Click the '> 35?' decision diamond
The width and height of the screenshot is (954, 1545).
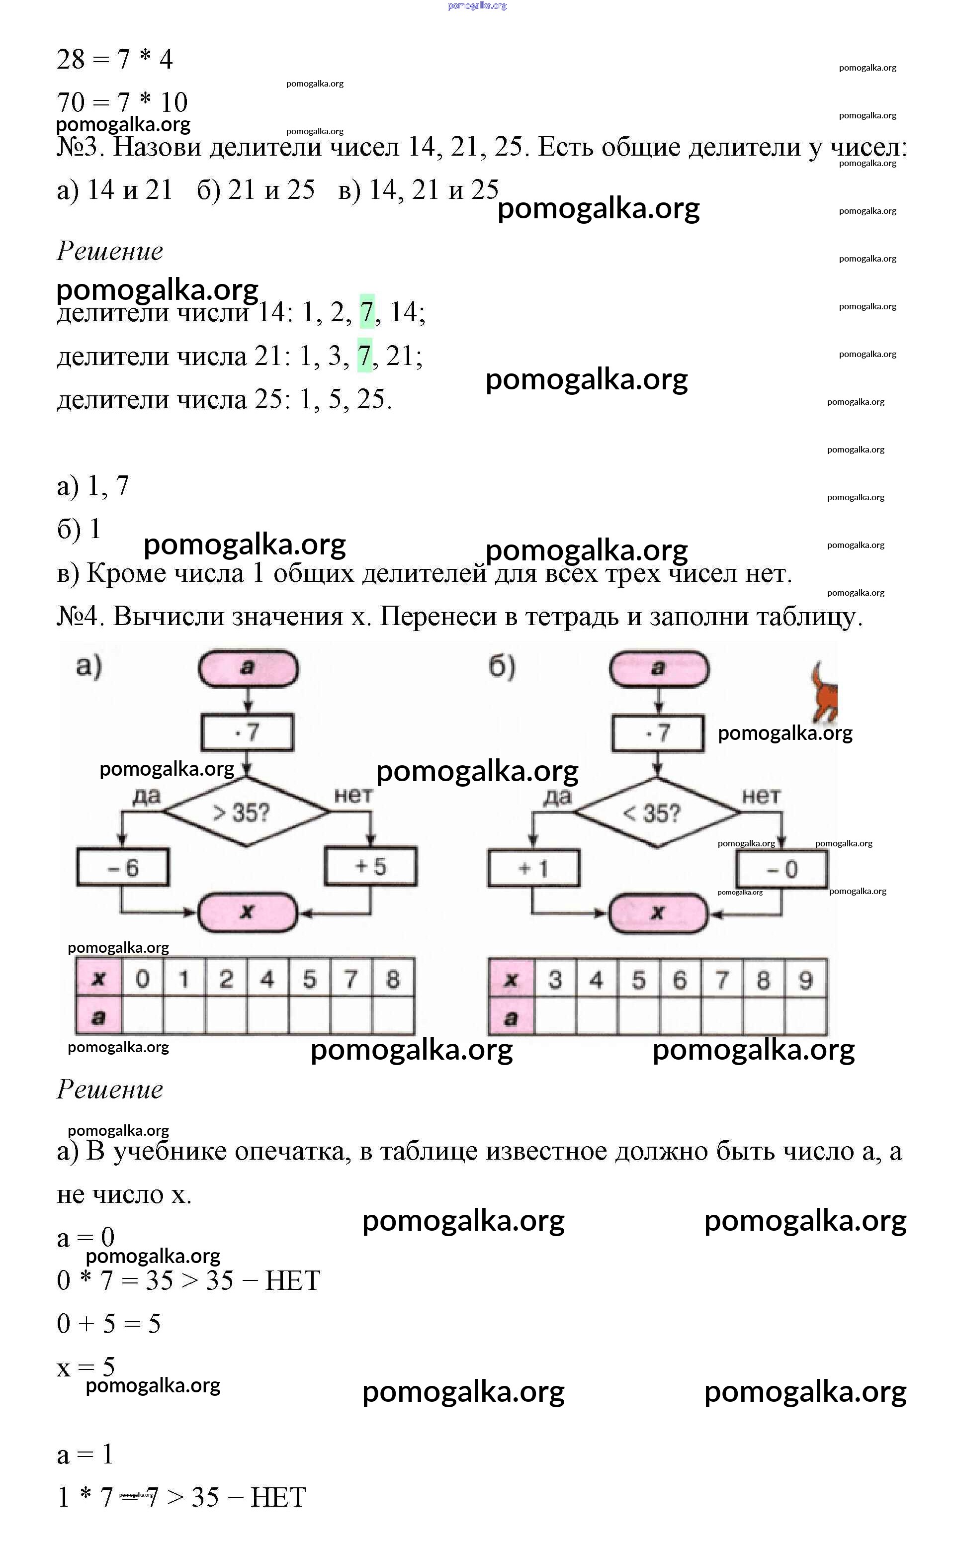point(247,812)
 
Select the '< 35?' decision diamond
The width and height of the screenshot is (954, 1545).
point(657,813)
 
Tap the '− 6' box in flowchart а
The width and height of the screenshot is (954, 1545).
point(122,868)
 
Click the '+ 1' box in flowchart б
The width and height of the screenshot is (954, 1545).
point(533,868)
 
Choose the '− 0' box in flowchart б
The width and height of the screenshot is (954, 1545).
point(782,869)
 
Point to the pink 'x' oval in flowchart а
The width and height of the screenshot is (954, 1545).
point(248,911)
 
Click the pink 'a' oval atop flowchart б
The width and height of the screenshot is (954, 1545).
point(658,668)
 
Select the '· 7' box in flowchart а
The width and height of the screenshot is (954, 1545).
point(248,732)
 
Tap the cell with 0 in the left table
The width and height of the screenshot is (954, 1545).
point(143,979)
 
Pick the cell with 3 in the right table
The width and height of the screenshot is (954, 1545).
point(555,980)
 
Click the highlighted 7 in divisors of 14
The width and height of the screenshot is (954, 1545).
point(366,312)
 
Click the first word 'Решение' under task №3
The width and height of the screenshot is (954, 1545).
point(110,251)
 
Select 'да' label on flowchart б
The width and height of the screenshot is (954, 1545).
point(557,797)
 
